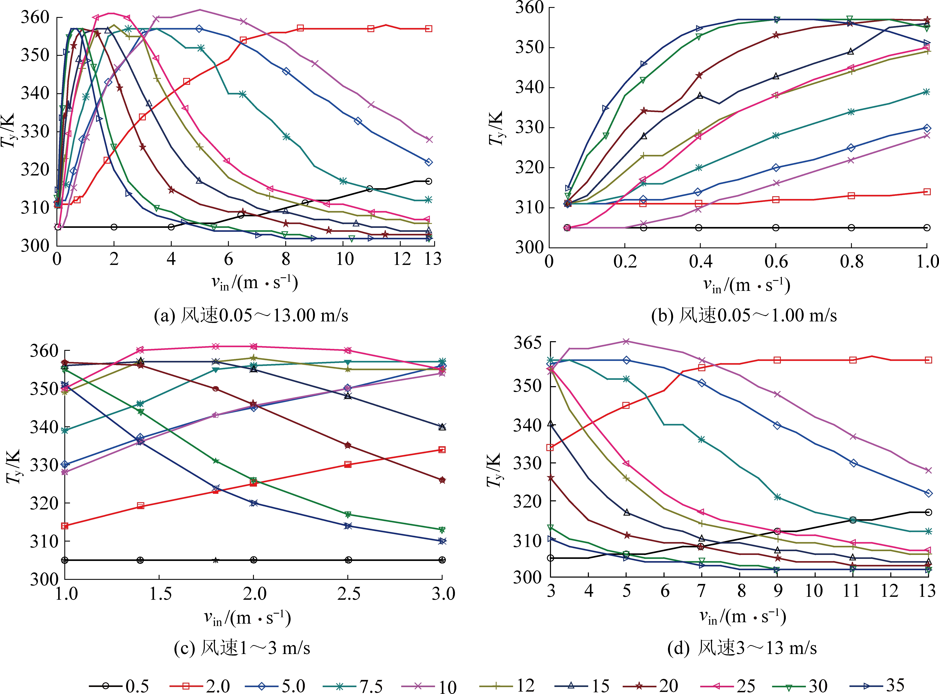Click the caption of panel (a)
(251, 315)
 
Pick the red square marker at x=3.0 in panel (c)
(442, 450)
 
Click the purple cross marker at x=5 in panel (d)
(626, 341)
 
